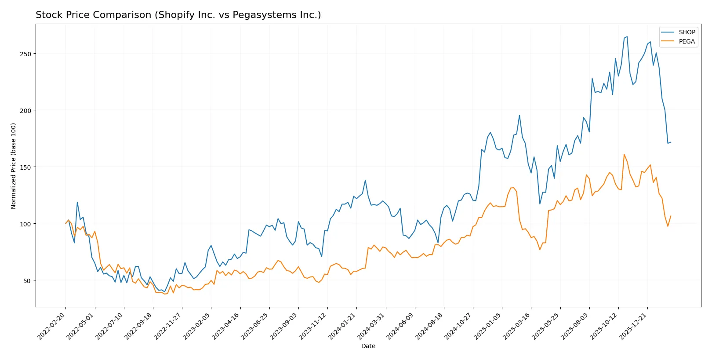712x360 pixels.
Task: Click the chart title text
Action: pos(178,15)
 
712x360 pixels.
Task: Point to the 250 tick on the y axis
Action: pos(25,54)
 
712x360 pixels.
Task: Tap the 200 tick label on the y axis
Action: pos(25,110)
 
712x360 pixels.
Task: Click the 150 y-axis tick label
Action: pos(25,167)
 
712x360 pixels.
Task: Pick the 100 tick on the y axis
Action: pos(25,224)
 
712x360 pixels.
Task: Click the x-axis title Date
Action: pos(368,346)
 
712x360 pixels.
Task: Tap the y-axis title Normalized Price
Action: pos(14,166)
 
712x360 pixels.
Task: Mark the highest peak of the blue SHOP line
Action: pos(627,36)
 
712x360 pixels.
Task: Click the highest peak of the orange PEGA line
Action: pos(624,154)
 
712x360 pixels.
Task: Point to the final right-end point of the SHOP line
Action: pos(671,142)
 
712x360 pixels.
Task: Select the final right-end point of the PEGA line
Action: pos(671,216)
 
